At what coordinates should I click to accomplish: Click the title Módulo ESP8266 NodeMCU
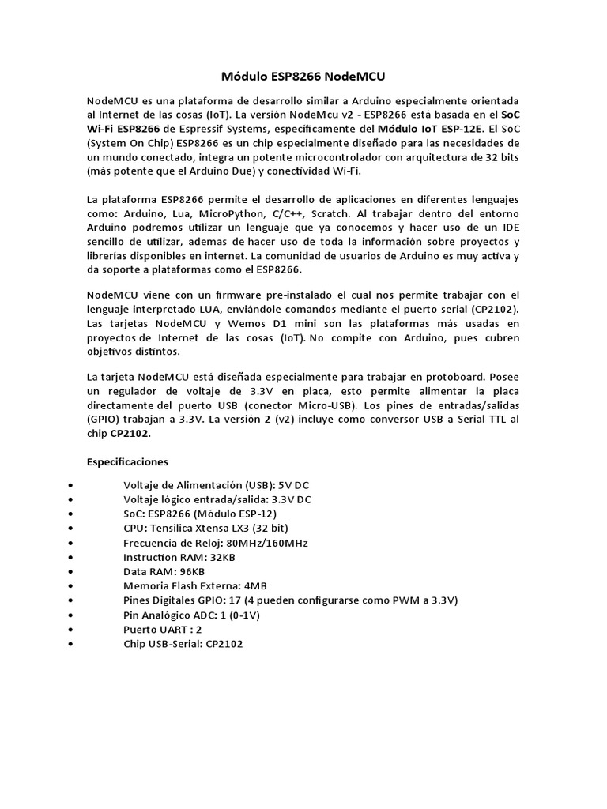point(303,77)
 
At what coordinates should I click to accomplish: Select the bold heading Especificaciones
point(126,461)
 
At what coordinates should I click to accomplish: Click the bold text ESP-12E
point(457,129)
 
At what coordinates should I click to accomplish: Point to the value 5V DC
point(294,485)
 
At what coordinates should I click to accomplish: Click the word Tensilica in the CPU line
point(175,529)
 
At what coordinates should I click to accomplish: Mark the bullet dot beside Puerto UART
point(72,630)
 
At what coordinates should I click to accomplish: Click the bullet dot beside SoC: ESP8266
point(72,514)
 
